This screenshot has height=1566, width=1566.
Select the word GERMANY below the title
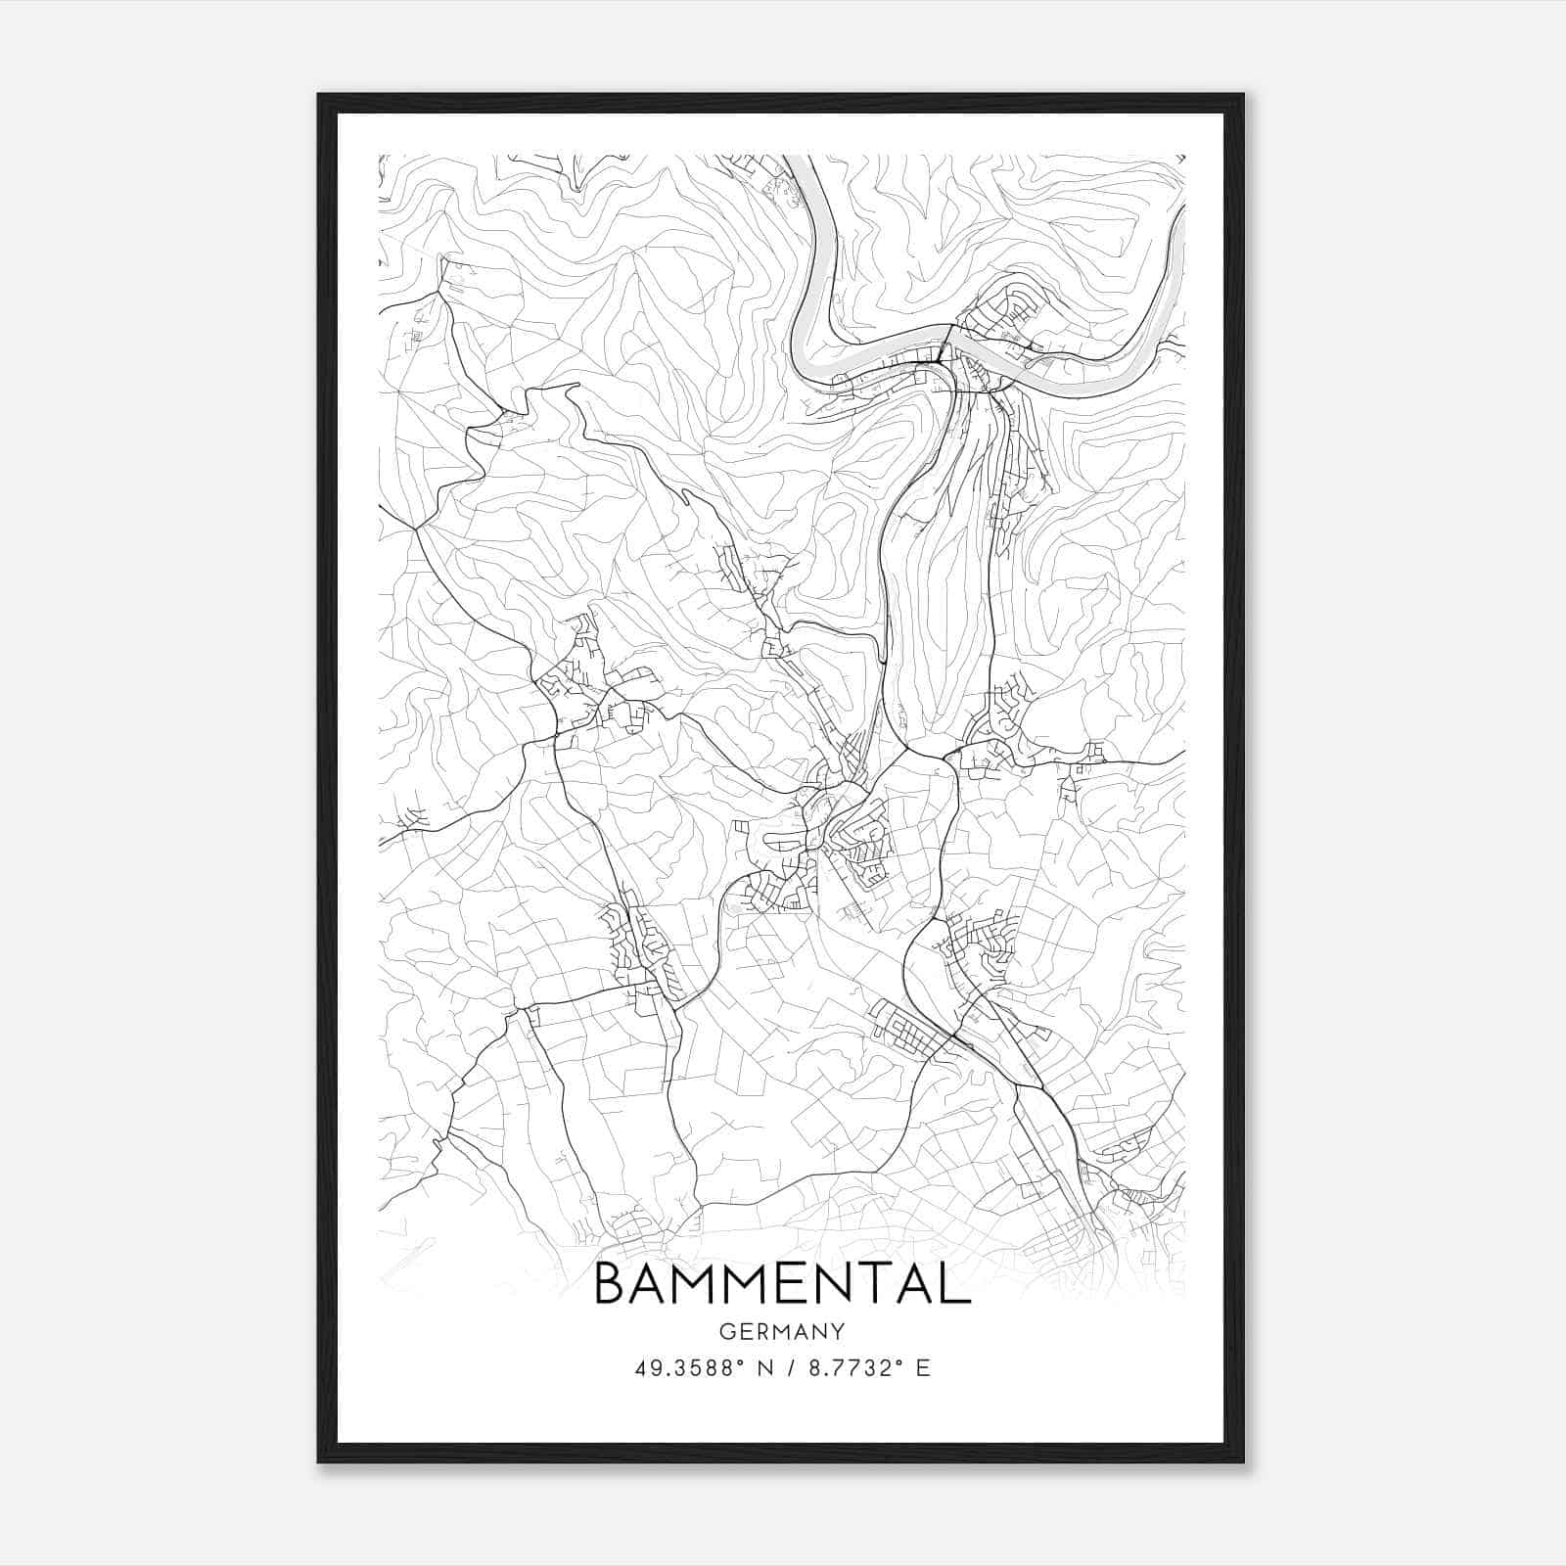[x=781, y=1331]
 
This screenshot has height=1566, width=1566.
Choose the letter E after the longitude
[x=922, y=1368]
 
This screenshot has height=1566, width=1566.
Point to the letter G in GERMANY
[x=726, y=1331]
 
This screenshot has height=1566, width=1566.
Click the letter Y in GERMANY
[x=838, y=1331]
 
